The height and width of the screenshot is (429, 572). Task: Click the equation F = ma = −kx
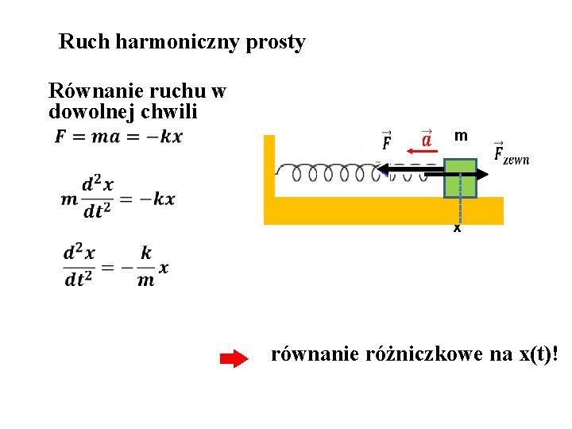click(x=118, y=137)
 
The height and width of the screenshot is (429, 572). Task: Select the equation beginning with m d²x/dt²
click(x=118, y=199)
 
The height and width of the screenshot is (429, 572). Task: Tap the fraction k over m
click(x=146, y=266)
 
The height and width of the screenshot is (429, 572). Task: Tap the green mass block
click(x=460, y=178)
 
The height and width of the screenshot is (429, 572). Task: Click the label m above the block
click(x=460, y=137)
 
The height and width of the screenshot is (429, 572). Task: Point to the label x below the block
click(x=457, y=228)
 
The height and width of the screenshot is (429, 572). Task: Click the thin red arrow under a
click(x=420, y=151)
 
